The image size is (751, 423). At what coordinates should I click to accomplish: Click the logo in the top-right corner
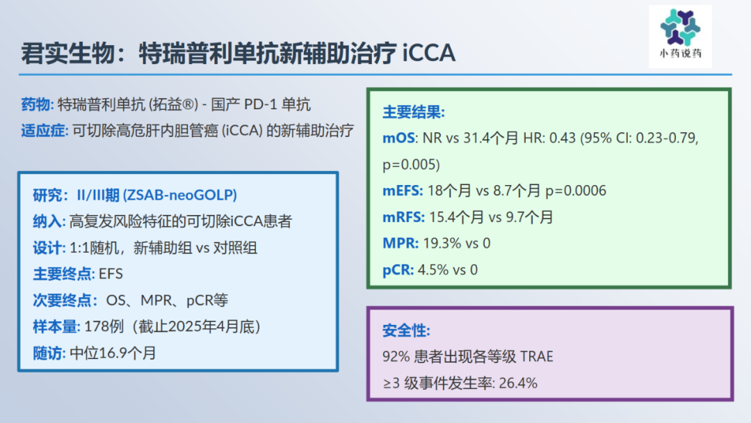680,36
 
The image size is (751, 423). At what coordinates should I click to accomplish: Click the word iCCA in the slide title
428,53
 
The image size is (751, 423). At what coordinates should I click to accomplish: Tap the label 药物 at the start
35,104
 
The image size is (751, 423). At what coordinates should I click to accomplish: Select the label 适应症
43,130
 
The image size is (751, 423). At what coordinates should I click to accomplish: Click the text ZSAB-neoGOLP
180,195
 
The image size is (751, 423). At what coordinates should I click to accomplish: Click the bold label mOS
398,138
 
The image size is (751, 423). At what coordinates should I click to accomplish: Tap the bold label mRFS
403,217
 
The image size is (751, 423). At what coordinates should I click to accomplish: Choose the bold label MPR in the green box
399,244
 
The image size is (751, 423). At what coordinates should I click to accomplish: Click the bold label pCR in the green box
397,270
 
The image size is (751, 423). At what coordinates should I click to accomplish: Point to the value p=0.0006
576,191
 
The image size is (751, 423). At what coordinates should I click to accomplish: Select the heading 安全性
405,330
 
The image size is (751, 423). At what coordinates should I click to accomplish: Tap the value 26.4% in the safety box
518,383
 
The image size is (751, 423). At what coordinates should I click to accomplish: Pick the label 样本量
55,327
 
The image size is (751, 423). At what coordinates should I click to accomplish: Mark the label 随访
47,353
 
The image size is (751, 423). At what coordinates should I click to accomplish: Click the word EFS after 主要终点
111,274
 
